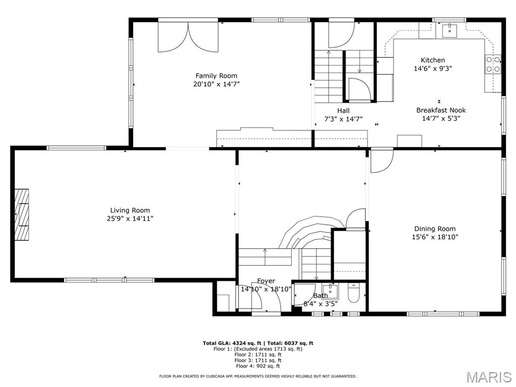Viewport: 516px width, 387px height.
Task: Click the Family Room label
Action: tap(216, 76)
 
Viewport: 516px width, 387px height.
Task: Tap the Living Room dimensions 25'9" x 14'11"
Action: tap(130, 219)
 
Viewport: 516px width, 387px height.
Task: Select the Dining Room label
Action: tap(435, 229)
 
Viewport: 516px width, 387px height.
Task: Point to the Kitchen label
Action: tap(433, 60)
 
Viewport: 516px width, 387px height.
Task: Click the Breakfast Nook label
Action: tap(441, 110)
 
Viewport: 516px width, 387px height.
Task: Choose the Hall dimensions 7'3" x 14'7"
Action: tap(343, 119)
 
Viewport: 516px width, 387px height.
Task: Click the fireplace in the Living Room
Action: tap(22, 215)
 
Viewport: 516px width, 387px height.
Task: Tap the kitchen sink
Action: tap(449, 30)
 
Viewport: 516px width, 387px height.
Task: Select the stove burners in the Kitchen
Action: tap(493, 64)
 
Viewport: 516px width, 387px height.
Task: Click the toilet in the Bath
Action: tap(354, 294)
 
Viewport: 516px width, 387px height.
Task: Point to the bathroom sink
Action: tap(330, 291)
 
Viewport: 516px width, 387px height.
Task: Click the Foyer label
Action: tap(266, 281)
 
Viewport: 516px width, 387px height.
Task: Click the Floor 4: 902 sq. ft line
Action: tap(257, 366)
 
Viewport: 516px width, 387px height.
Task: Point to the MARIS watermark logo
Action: tap(489, 377)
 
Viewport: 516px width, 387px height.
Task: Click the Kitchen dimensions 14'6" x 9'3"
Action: tap(433, 69)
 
